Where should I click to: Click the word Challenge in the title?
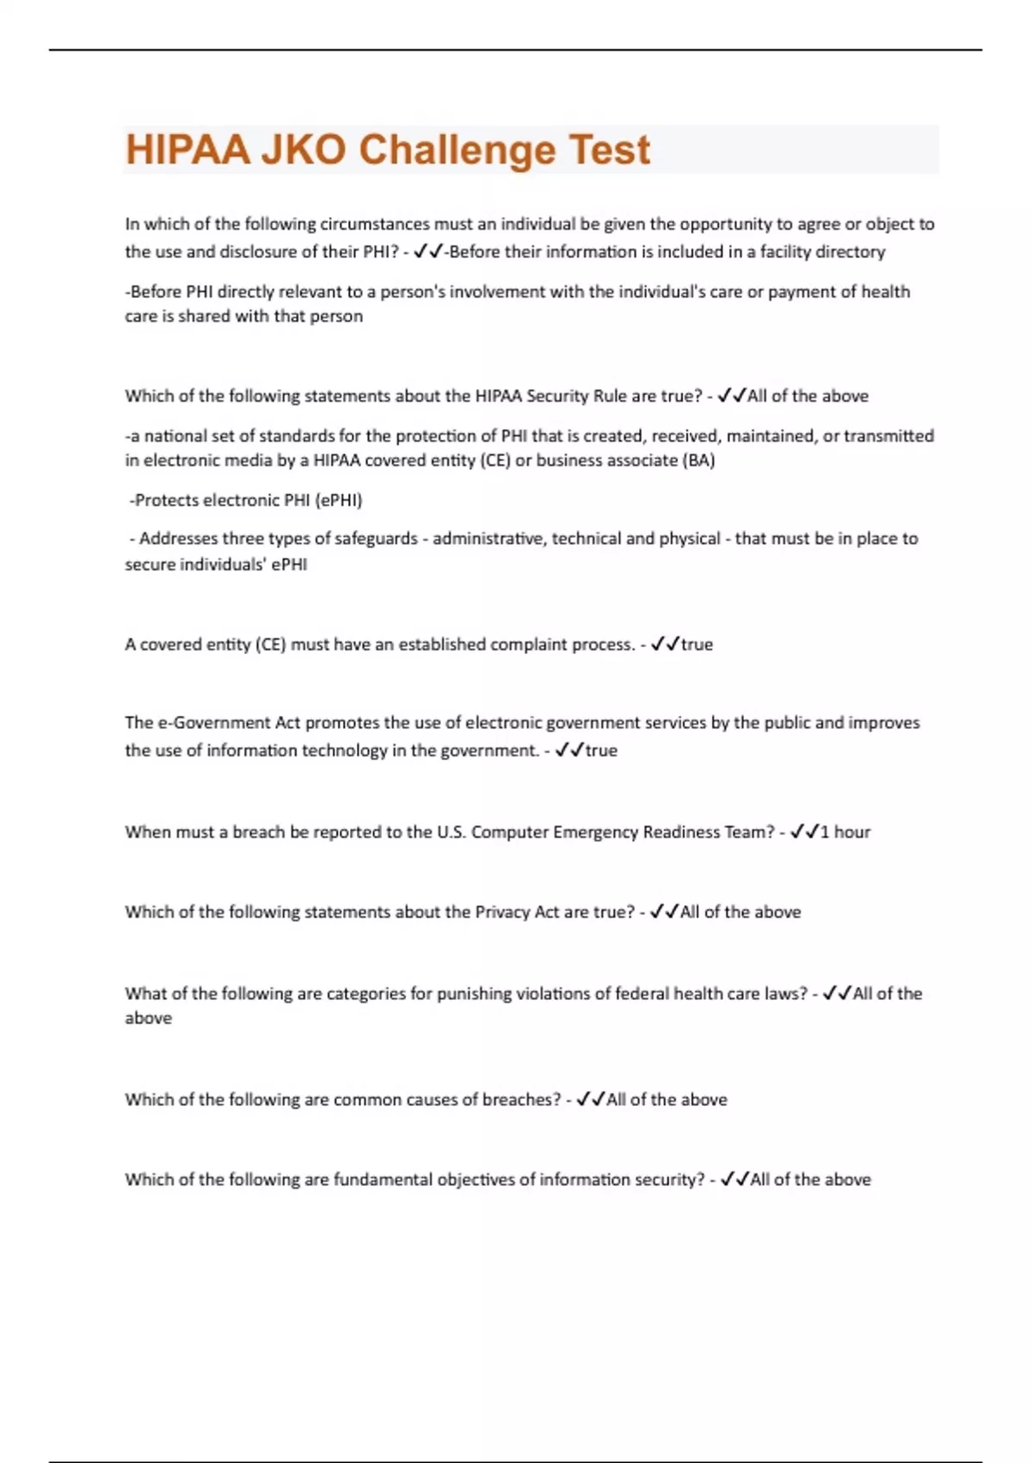[458, 150]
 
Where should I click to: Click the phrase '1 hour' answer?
[845, 832]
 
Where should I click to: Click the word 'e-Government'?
[215, 723]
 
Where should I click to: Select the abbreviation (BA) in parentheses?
[698, 460]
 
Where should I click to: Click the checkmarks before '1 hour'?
[804, 832]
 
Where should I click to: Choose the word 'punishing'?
[474, 994]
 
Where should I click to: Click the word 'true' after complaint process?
[697, 645]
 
